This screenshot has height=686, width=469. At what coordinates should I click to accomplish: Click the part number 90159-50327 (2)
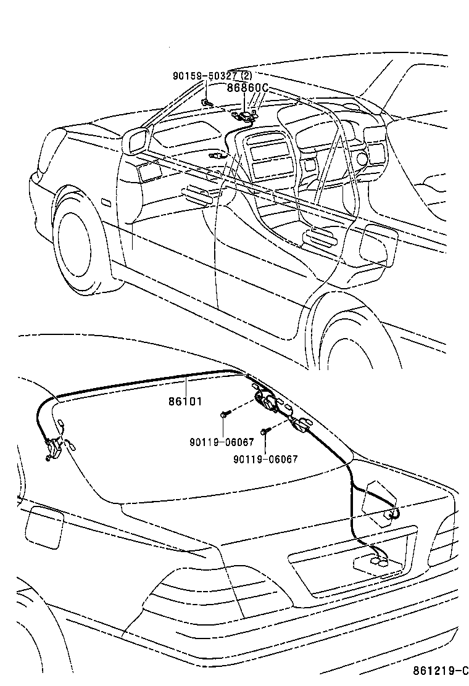[212, 76]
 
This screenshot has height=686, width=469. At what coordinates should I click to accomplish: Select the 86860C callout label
[247, 88]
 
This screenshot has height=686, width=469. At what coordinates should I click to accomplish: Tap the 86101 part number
[186, 401]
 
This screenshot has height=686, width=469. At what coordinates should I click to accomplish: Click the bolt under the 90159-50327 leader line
[206, 103]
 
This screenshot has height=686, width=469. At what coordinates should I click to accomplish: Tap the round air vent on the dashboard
[363, 159]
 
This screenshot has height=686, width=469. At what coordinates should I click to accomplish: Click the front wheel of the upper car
[83, 245]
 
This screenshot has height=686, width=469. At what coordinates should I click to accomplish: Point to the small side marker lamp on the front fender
[106, 202]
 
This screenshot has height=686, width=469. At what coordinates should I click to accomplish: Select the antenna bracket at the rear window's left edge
[53, 449]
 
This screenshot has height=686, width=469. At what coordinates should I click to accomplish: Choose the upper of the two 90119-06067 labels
[222, 442]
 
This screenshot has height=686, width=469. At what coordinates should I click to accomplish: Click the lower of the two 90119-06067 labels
[265, 459]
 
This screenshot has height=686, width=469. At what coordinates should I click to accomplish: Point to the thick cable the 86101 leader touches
[144, 381]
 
